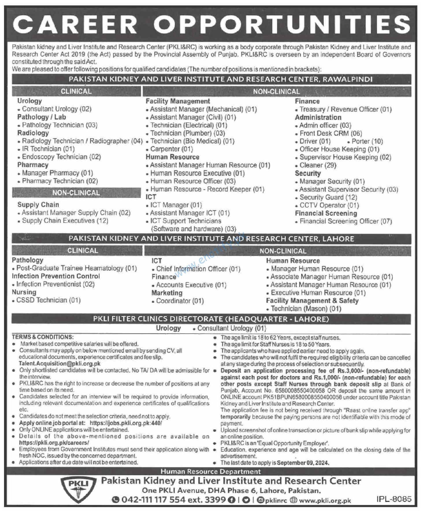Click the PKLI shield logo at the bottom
tap(78, 490)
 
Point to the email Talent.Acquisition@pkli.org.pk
tap(60, 364)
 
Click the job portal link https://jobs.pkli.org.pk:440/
tap(126, 423)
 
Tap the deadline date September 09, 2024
tap(303, 463)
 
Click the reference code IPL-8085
tap(394, 499)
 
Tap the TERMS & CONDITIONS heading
tap(43, 337)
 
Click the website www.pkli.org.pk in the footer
tap(325, 501)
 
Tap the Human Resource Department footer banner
tap(211, 471)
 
